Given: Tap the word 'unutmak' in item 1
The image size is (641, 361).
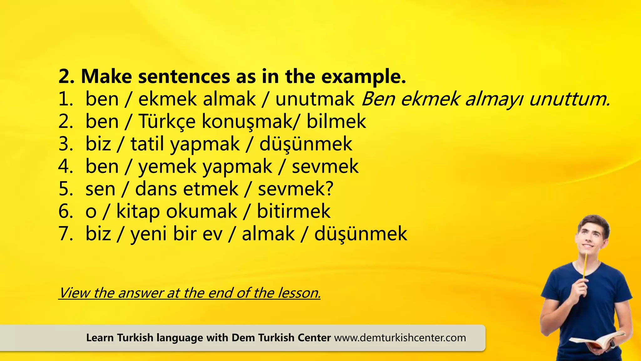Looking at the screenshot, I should [x=315, y=99].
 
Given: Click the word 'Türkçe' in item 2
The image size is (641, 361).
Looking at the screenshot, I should [x=167, y=122].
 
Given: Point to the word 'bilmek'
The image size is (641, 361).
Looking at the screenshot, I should [x=336, y=122].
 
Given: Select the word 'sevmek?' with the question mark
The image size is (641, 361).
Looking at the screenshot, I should [x=295, y=189].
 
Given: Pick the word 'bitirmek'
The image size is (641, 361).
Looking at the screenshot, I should [x=293, y=212].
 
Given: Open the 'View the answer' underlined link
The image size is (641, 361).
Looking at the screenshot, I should [x=190, y=293].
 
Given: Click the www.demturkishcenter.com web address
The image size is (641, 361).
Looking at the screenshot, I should [x=400, y=338].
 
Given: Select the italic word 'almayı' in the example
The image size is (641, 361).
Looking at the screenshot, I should [x=494, y=99].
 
